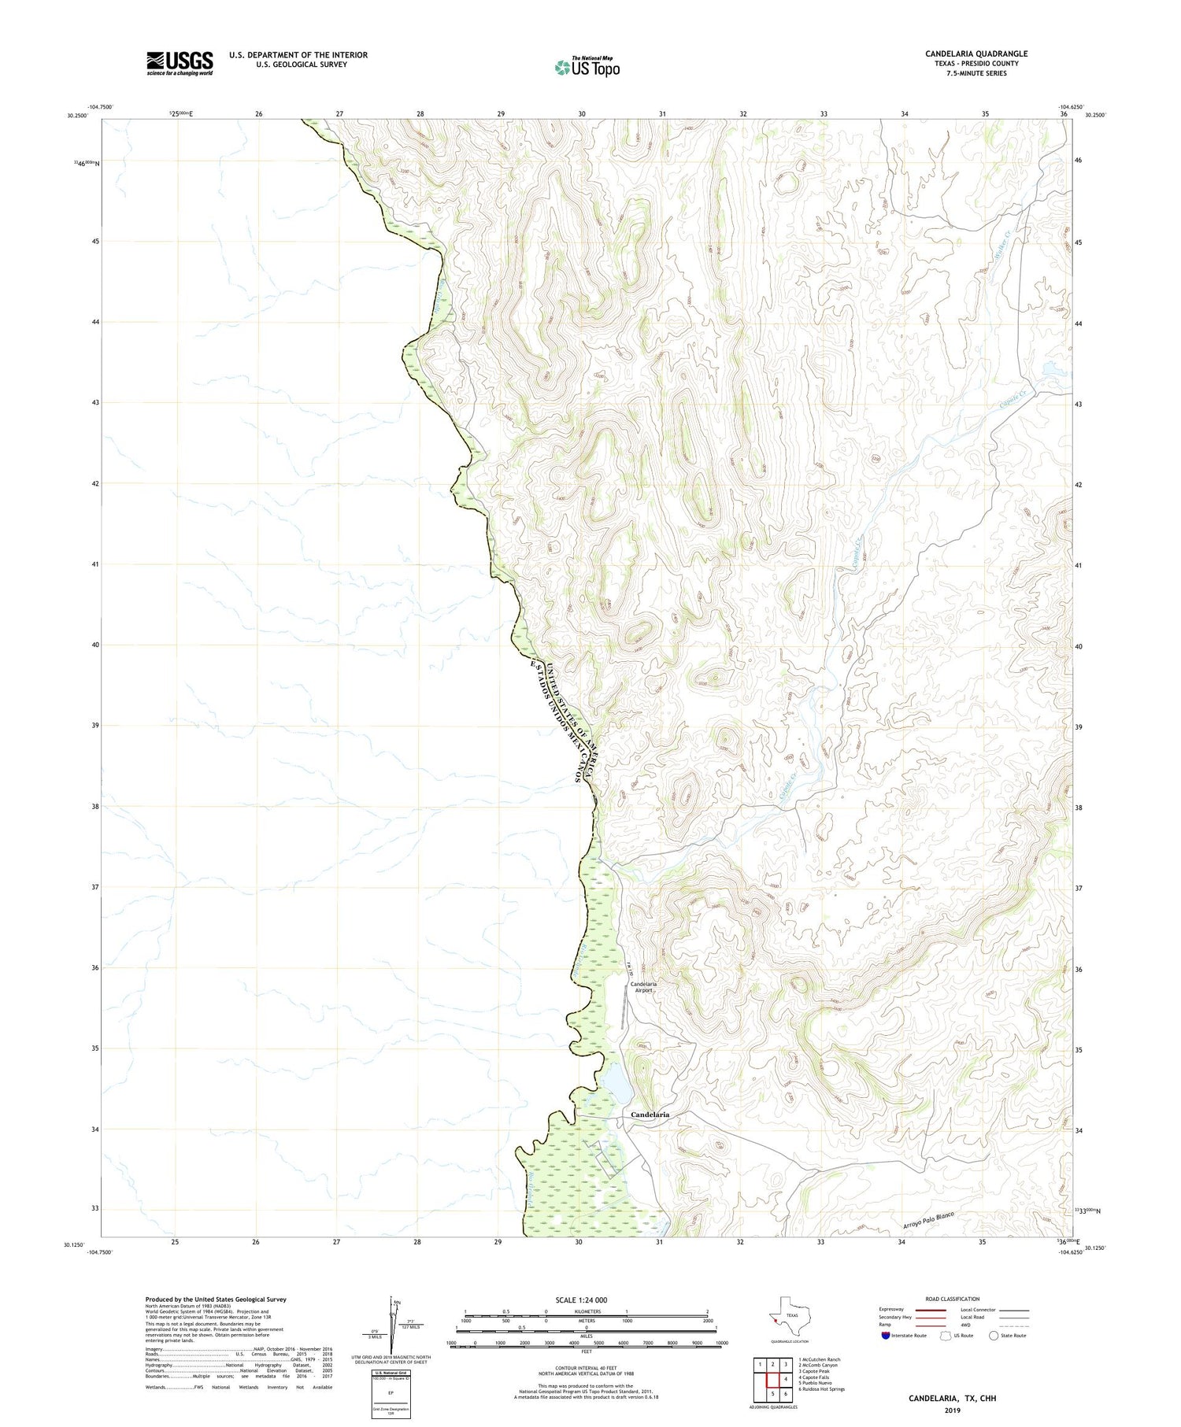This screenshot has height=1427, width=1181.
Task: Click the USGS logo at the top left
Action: point(180,63)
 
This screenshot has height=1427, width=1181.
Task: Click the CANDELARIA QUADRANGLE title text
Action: point(976,54)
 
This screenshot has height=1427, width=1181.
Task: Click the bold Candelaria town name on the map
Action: point(650,1115)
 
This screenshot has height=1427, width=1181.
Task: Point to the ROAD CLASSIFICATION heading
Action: point(953,1299)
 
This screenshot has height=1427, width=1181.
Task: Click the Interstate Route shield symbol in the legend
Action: point(886,1335)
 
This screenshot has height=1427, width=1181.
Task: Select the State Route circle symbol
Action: point(994,1335)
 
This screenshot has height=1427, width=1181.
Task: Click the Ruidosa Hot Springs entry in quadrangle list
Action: point(823,1388)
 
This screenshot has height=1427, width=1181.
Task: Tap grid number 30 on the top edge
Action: point(581,114)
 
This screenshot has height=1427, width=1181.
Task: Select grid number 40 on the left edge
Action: point(94,645)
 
